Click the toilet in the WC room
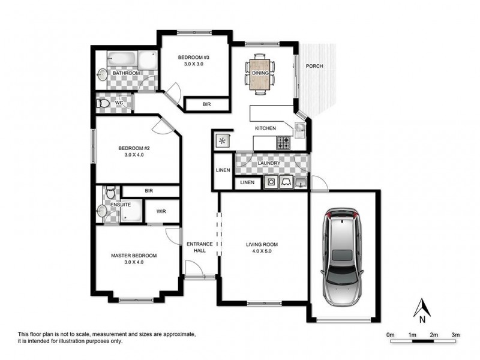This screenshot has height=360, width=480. [x=104, y=103]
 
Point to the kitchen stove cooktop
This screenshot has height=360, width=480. [x=283, y=143]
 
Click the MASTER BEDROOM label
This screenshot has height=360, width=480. [x=134, y=256]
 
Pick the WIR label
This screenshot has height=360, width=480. [x=161, y=211]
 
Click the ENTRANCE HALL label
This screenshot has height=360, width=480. [x=200, y=247]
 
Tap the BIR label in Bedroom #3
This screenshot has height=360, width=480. [x=206, y=104]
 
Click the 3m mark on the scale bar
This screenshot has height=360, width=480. [x=455, y=334]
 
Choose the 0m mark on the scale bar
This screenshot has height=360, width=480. [x=391, y=334]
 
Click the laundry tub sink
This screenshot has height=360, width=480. [x=302, y=182]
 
